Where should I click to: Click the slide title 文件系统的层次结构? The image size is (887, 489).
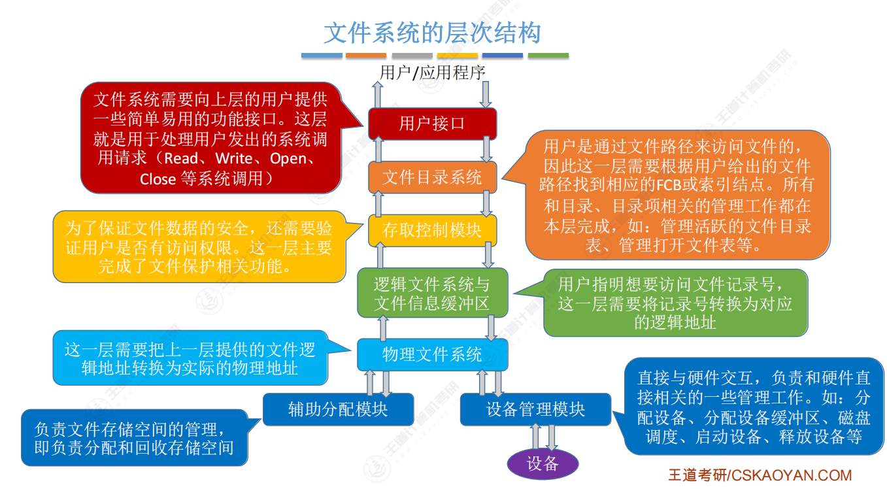click(432, 32)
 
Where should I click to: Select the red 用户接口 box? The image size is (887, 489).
click(432, 124)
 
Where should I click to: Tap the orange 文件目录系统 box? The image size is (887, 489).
click(432, 177)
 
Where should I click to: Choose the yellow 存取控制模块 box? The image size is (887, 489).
click(432, 230)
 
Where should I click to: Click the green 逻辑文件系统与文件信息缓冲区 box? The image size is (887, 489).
click(432, 293)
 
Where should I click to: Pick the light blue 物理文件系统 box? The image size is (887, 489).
click(432, 354)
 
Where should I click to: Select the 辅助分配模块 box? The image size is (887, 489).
click(338, 409)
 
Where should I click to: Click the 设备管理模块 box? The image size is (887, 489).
click(535, 409)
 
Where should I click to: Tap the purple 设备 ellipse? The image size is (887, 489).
click(543, 464)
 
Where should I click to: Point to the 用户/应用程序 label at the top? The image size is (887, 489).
click(432, 72)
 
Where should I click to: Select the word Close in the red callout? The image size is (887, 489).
click(158, 179)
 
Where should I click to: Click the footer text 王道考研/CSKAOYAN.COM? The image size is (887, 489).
click(760, 475)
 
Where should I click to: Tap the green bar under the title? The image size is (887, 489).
click(548, 56)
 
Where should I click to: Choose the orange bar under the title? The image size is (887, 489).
click(366, 56)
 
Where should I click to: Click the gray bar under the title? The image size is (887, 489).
click(412, 56)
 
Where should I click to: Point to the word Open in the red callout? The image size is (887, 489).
click(288, 159)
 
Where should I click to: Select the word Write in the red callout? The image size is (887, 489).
click(234, 159)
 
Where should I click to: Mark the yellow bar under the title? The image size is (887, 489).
click(458, 56)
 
